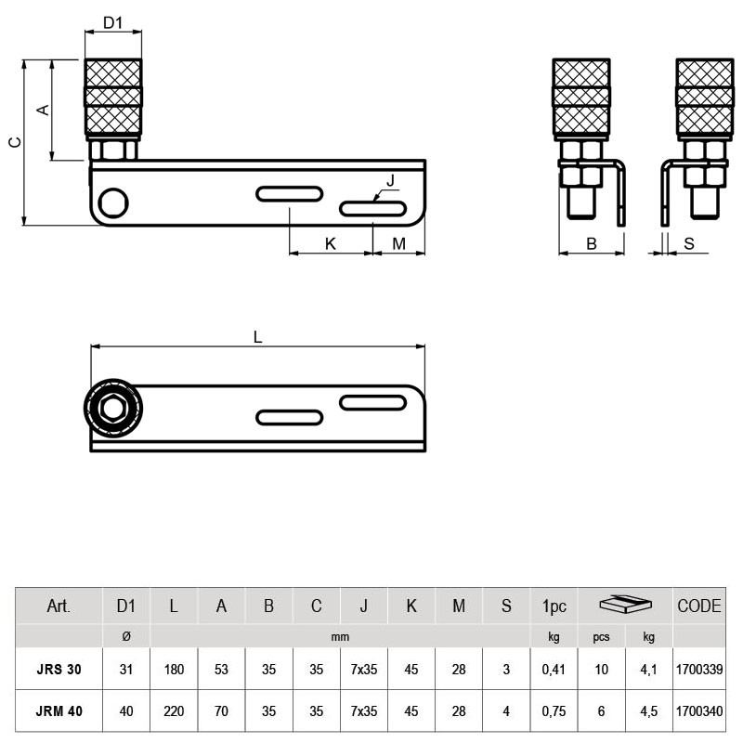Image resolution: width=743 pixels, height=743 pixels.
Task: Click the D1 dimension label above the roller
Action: point(113,21)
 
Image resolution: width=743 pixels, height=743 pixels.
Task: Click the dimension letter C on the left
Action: point(14,142)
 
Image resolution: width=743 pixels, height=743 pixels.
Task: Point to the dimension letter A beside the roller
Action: point(42,110)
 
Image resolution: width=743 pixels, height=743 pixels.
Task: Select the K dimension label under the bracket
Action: point(330,243)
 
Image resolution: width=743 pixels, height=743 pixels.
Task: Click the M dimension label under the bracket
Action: point(398,243)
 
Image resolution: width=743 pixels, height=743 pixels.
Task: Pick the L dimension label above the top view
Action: point(258,337)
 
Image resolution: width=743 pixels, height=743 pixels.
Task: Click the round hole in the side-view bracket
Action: point(114,202)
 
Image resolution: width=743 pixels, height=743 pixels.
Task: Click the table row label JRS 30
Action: point(59,670)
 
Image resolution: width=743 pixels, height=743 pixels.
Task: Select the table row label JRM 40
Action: point(59,712)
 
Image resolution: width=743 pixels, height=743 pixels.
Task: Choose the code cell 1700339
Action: point(698,670)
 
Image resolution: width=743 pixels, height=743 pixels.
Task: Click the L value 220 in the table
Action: point(174,712)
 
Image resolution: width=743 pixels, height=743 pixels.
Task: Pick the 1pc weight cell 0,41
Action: point(554,670)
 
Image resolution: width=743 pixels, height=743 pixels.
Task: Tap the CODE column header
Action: point(698,606)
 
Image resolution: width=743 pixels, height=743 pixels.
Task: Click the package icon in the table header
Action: point(625,606)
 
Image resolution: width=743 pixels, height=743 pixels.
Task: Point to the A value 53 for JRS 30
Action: point(221,670)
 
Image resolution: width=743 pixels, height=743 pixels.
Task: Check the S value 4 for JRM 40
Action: point(506,712)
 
